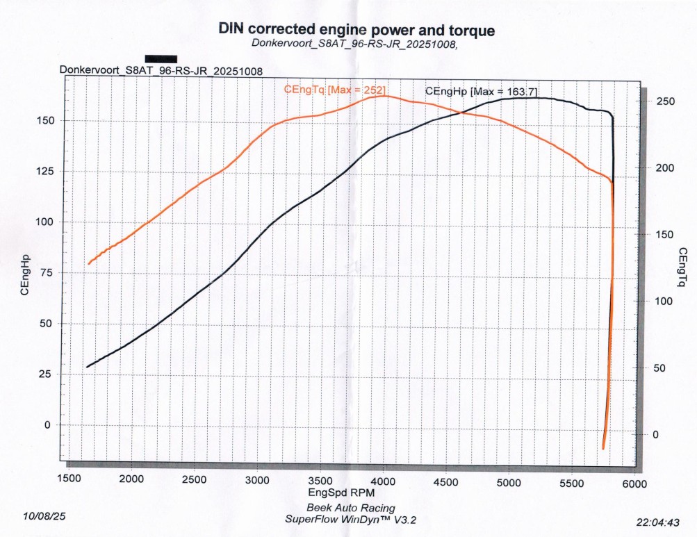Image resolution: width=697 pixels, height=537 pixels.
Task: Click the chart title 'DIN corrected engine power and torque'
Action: [x=356, y=30]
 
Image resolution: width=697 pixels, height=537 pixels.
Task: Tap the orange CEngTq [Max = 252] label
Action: [x=334, y=90]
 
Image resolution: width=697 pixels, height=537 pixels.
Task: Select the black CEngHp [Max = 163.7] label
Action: [x=481, y=92]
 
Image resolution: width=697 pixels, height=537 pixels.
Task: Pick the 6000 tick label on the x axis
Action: [x=634, y=484]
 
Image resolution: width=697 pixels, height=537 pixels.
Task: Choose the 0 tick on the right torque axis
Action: [x=660, y=435]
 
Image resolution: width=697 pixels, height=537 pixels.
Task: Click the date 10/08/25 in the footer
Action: [x=45, y=516]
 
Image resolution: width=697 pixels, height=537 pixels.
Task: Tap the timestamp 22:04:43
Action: [x=657, y=522]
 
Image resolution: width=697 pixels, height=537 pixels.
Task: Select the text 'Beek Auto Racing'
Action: [x=350, y=508]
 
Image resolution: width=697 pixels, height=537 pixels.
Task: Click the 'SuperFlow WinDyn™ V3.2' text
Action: [x=350, y=519]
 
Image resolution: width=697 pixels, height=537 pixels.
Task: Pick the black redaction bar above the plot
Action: [x=161, y=59]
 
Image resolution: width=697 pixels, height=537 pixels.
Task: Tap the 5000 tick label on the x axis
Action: [x=509, y=481]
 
